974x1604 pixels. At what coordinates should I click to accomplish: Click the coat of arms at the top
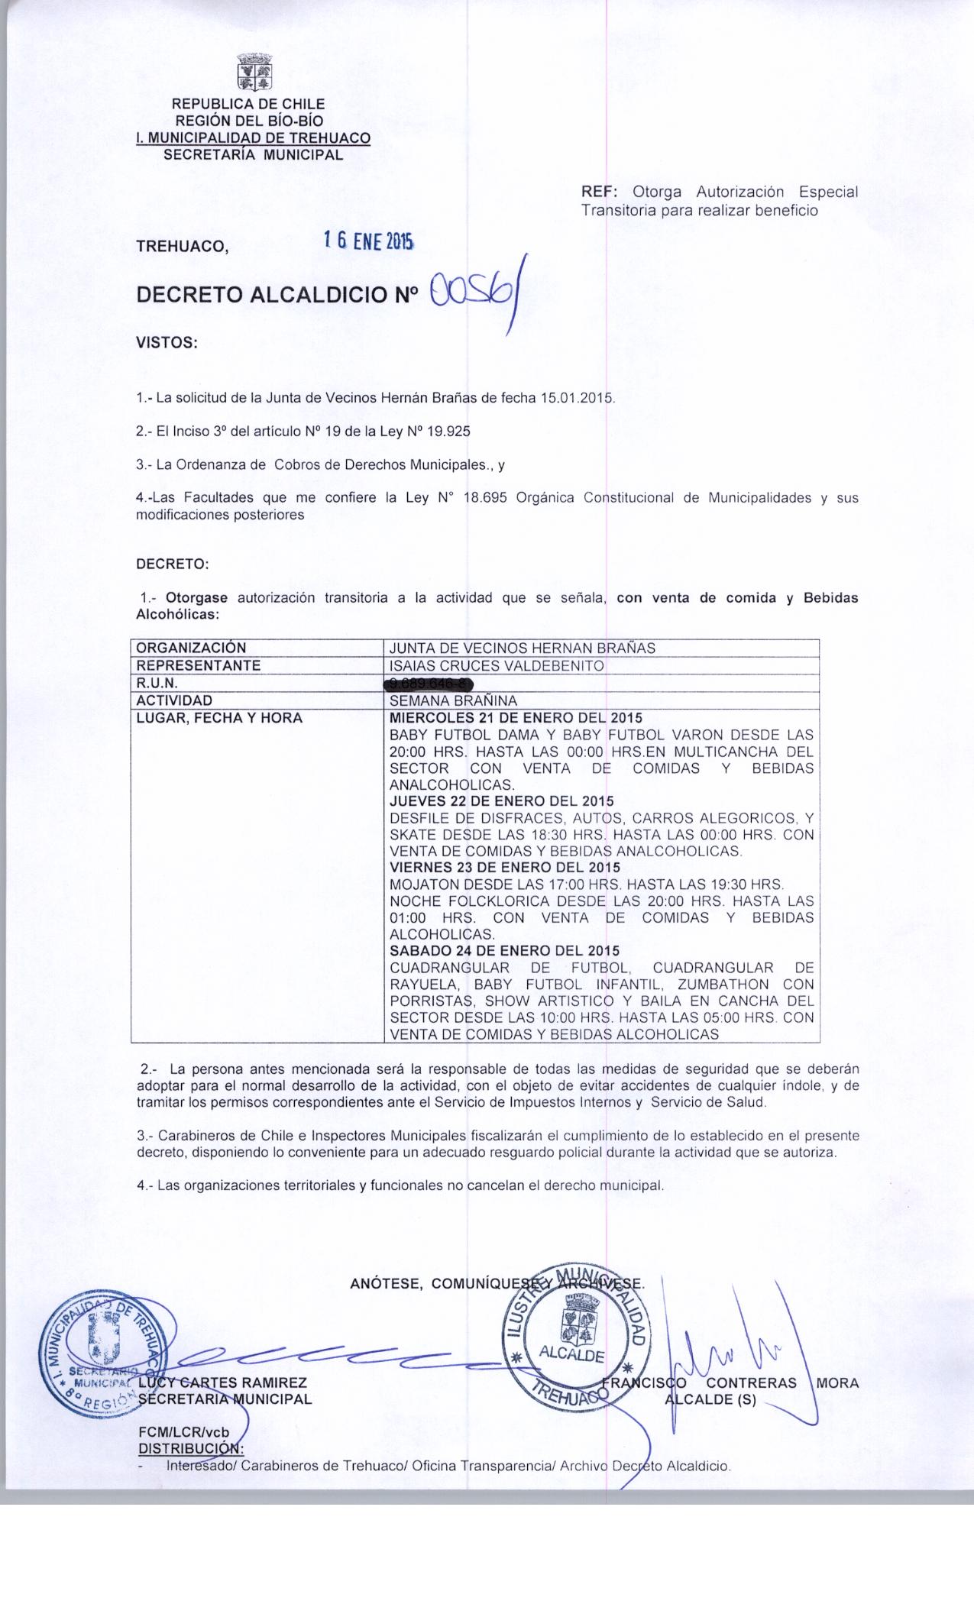[255, 73]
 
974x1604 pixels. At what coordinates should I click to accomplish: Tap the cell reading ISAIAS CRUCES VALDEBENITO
[497, 665]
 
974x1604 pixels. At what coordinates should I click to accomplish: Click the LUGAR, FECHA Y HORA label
[218, 718]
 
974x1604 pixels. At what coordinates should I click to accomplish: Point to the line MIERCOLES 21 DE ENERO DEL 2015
[516, 718]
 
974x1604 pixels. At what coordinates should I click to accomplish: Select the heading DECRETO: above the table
[172, 564]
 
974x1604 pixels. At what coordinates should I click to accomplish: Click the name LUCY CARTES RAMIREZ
[222, 1382]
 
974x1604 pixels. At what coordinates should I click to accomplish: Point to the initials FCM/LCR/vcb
[183, 1432]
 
